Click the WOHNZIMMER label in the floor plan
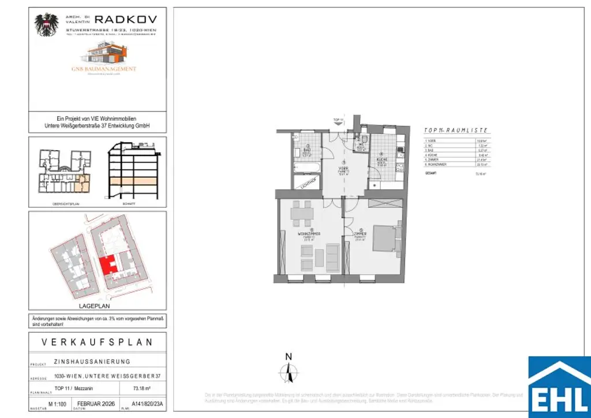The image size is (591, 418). pos(309,234)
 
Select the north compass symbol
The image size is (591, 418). pos(290,370)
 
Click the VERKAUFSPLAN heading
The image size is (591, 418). pos(98,342)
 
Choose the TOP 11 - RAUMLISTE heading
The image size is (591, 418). pos(456,131)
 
